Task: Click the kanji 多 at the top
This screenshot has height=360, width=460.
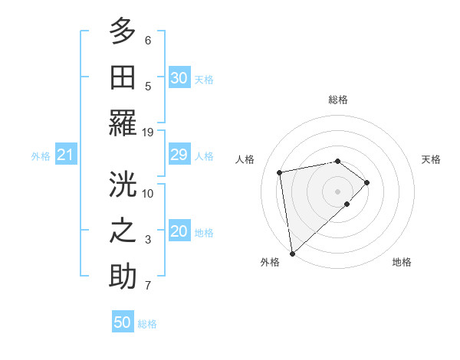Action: (x=123, y=33)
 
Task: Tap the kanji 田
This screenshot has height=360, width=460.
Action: (x=123, y=78)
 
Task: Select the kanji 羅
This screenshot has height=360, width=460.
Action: (x=123, y=124)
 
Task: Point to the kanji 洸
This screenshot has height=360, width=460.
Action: (x=123, y=185)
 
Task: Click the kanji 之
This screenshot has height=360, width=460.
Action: (x=123, y=231)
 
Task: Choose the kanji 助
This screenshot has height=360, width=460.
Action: (x=123, y=277)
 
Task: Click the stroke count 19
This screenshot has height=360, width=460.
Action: (x=149, y=132)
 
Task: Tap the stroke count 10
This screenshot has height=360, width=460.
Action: (x=149, y=193)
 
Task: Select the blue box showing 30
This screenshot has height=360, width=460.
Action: (x=179, y=78)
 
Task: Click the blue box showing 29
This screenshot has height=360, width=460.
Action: (x=179, y=155)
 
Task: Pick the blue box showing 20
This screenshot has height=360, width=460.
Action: (x=179, y=232)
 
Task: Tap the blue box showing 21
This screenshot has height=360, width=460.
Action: (x=65, y=155)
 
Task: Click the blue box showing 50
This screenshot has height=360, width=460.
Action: (x=123, y=322)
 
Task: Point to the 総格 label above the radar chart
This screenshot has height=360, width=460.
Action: (x=337, y=100)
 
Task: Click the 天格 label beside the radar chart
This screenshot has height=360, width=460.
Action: (x=431, y=159)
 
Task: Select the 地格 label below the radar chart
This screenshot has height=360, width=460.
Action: (x=402, y=263)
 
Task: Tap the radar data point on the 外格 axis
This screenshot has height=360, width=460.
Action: (x=291, y=253)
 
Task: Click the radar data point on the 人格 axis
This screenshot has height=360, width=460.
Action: (x=280, y=172)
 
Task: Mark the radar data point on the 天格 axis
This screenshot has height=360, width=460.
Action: (x=367, y=182)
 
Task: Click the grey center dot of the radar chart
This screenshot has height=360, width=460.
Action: (x=337, y=191)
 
